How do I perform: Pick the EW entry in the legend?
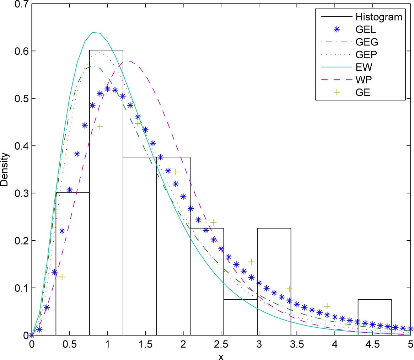(x=362, y=66)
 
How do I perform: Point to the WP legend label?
(x=362, y=79)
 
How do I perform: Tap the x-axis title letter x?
(x=221, y=356)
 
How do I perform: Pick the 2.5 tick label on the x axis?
(x=221, y=344)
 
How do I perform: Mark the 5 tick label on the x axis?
(x=410, y=344)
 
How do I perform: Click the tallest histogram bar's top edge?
(x=106, y=50)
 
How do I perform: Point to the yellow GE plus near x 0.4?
(x=62, y=277)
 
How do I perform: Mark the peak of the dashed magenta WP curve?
(x=130, y=61)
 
